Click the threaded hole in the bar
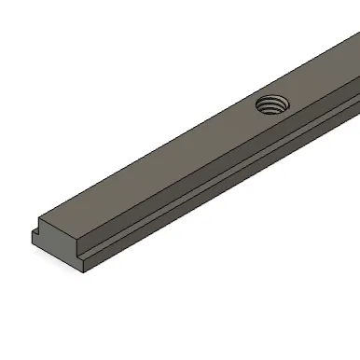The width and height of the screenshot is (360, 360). (x=271, y=104)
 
